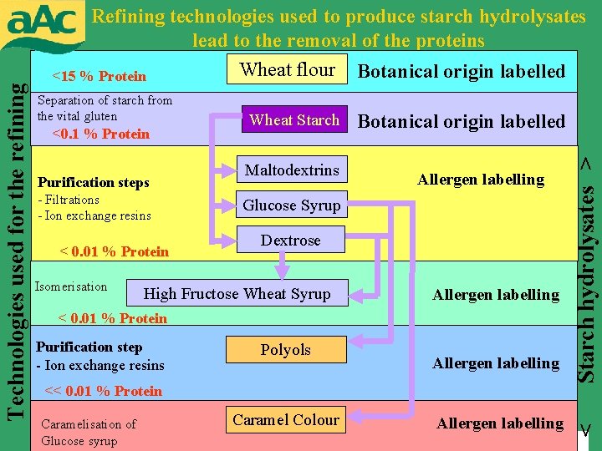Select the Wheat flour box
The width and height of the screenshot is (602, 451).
coord(288,70)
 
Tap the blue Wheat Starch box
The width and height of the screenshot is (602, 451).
coord(293,120)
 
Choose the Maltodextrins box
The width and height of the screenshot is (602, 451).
coord(292,170)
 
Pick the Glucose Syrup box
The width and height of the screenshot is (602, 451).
coord(291,205)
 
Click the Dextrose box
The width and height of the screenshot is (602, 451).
coord(290,241)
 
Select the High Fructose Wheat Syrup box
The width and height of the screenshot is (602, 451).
coord(237,293)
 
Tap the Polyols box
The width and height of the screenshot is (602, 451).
coord(285,350)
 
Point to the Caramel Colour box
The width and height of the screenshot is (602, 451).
coord(286,420)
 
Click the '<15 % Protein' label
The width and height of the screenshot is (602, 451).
coord(99,77)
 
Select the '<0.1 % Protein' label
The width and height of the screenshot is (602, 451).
coord(100,134)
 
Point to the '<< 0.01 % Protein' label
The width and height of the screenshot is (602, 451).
coord(103,391)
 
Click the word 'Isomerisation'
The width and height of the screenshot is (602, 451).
coord(71,286)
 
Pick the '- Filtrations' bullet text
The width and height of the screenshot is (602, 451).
coord(69,200)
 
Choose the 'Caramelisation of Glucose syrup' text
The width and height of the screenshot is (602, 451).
coord(89,433)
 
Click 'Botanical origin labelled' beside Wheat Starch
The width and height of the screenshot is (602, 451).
coord(462,122)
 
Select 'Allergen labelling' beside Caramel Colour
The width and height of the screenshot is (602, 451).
coord(500,423)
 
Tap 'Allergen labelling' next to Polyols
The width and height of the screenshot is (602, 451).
coord(496,363)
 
